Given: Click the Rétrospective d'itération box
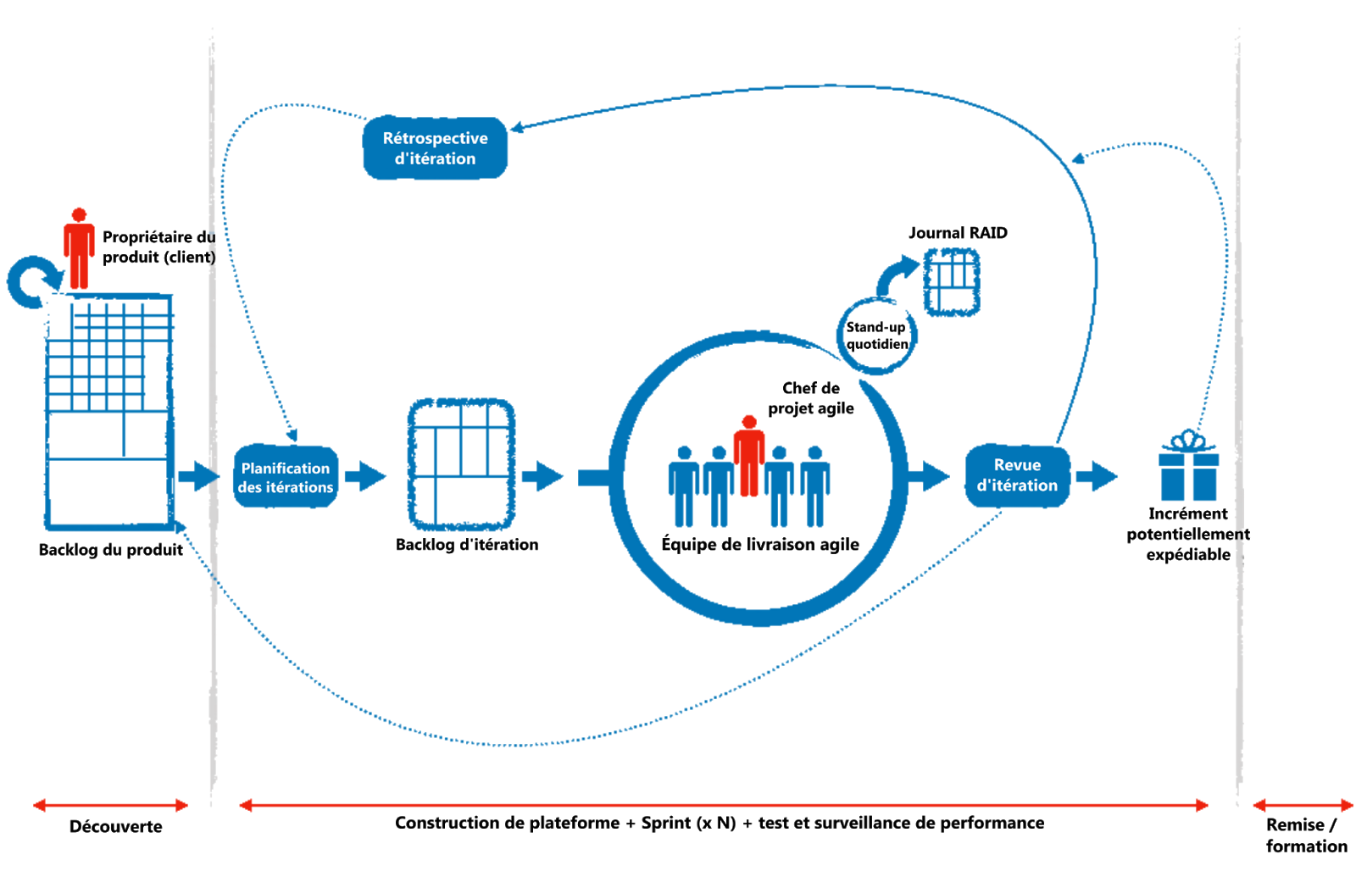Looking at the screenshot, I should [435, 147].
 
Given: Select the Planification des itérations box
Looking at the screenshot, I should [286, 477].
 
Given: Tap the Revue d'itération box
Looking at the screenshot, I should [1017, 475].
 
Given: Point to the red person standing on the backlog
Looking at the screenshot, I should [79, 248].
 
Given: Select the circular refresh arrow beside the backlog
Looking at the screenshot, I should [33, 282].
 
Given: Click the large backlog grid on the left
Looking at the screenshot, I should [109, 411].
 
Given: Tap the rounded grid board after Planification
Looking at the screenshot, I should [462, 465].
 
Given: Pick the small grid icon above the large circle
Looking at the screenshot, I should [951, 282].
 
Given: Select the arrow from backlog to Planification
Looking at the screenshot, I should [197, 476].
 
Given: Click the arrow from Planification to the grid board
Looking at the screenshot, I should [365, 476].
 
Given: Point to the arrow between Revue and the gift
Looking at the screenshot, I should [1098, 476].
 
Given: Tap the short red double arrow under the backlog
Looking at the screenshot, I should [110, 805].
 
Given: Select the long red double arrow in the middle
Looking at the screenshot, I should [724, 805].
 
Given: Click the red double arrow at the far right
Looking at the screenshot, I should [1303, 805].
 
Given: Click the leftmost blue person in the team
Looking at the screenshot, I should [683, 487].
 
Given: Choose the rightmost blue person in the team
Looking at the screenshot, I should [815, 487].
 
